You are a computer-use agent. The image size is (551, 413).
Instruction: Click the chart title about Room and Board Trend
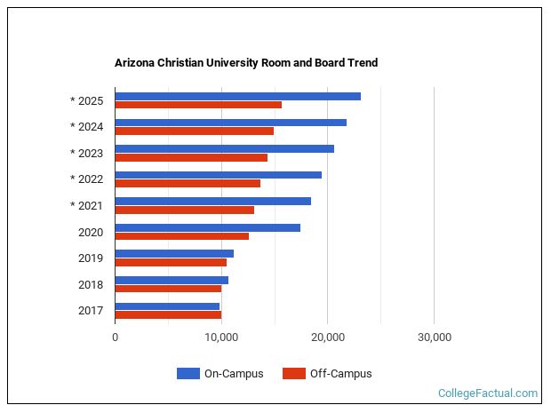(x=246, y=63)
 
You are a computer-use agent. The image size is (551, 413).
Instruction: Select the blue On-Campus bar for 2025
(x=237, y=96)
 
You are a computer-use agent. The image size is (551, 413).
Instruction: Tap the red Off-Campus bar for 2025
(x=198, y=105)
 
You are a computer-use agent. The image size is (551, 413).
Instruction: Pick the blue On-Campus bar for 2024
(x=230, y=123)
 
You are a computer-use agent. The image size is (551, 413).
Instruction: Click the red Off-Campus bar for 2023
(x=191, y=157)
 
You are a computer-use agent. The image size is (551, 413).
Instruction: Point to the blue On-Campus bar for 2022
(x=218, y=175)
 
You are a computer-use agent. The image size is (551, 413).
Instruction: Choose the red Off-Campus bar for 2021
(x=184, y=210)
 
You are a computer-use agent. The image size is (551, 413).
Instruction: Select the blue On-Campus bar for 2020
(x=207, y=227)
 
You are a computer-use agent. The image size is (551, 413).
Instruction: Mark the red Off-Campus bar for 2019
(x=171, y=262)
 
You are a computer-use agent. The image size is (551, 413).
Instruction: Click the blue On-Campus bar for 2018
(x=172, y=280)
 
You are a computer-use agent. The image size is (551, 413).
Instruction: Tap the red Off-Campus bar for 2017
(x=168, y=314)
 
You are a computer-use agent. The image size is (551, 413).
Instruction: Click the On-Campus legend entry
(x=220, y=374)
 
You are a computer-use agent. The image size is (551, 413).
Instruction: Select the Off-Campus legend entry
(x=327, y=374)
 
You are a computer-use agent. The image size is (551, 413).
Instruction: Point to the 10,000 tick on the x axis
(x=221, y=338)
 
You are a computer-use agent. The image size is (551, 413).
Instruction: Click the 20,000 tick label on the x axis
(x=328, y=338)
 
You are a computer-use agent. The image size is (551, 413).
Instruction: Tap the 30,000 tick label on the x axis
(x=434, y=338)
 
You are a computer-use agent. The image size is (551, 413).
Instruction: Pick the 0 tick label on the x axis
(x=116, y=338)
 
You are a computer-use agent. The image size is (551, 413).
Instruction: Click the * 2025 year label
(x=87, y=100)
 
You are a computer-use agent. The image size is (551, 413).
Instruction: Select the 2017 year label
(x=91, y=311)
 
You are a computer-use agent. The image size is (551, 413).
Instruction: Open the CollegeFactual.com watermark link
(x=488, y=393)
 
